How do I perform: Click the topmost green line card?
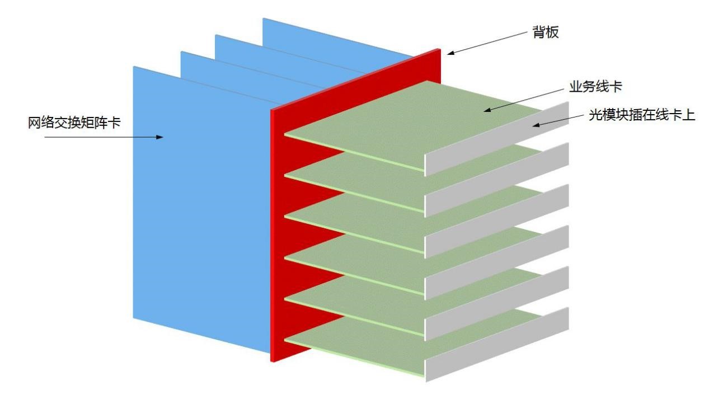tap(414, 120)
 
